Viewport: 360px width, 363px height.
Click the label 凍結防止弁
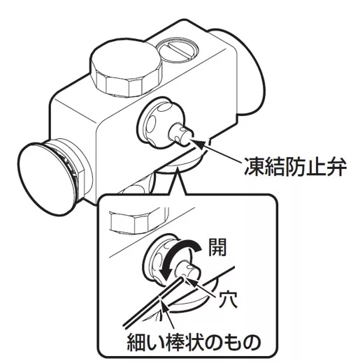[x=294, y=167]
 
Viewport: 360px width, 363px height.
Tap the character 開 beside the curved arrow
[x=217, y=247]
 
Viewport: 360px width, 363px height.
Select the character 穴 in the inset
[x=228, y=299]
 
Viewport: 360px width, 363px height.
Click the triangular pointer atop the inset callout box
[x=178, y=181]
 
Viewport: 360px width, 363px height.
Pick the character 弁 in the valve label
[x=336, y=167]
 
